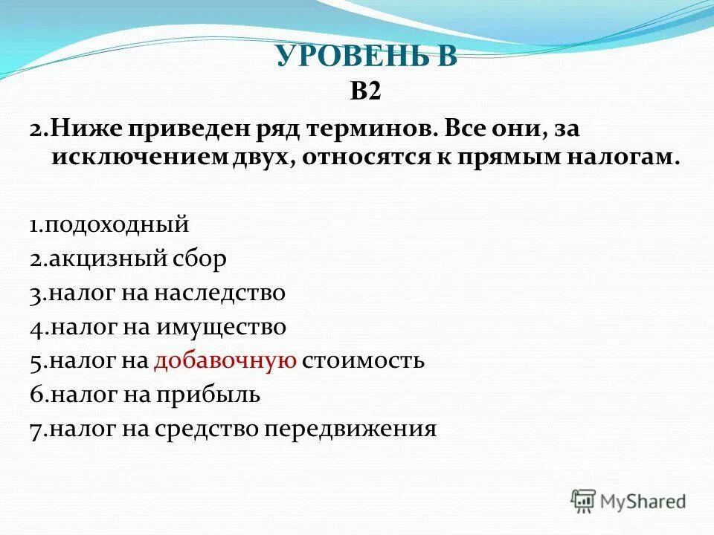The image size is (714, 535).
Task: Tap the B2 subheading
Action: click(365, 91)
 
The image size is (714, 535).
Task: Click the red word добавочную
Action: click(226, 361)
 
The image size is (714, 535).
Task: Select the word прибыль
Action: click(208, 395)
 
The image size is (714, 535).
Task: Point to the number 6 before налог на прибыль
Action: click(36, 395)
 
